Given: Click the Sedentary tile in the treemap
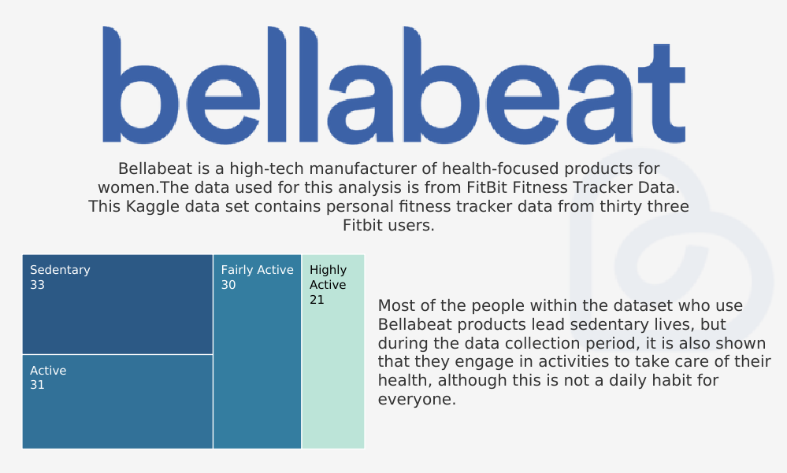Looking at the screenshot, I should click(x=117, y=305).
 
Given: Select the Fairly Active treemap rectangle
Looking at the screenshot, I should click(x=257, y=351).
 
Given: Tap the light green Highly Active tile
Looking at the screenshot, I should click(x=333, y=351).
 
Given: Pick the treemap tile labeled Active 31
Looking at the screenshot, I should click(x=117, y=401).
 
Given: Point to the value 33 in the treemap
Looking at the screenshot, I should click(x=37, y=285).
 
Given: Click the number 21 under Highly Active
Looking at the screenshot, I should click(x=317, y=300).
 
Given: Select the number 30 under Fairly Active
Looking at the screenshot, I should click(x=228, y=285).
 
